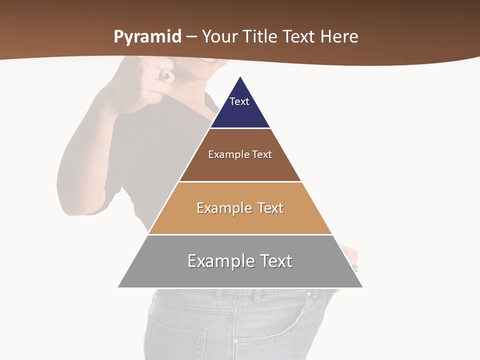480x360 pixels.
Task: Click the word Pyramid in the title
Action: tap(147, 37)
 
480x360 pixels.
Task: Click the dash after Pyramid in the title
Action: tap(191, 37)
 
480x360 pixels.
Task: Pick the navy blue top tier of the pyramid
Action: tap(240, 112)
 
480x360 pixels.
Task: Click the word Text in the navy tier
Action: tap(239, 101)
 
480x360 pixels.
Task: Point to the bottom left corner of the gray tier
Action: tap(118, 287)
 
